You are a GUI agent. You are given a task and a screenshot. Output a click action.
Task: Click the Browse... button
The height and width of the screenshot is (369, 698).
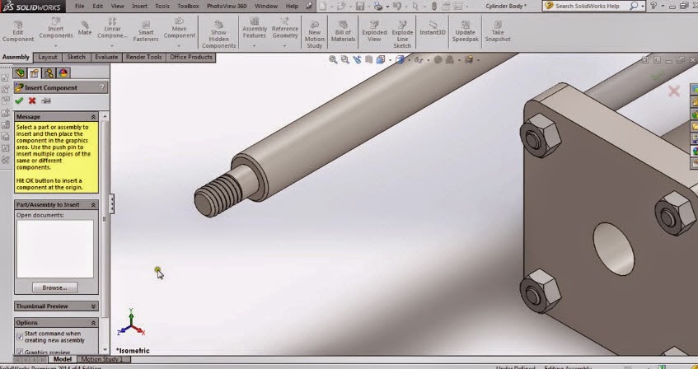pos(54,287)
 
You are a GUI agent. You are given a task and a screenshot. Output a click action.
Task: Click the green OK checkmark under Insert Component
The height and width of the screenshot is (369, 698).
pos(19,100)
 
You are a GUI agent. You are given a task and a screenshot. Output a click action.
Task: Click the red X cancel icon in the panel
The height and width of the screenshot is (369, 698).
pos(32,100)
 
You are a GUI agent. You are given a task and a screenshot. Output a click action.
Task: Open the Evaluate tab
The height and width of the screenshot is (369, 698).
pos(105,58)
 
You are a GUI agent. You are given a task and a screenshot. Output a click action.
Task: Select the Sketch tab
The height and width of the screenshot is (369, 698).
pos(76,58)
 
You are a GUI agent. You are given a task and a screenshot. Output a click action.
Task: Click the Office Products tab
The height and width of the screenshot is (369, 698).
pos(190,58)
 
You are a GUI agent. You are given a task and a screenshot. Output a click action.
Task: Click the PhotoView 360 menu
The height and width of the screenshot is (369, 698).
pos(226,6)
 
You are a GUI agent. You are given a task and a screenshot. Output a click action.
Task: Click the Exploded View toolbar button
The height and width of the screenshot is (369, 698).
pos(374,31)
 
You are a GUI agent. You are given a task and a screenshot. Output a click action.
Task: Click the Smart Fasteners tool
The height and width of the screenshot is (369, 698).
pos(146,31)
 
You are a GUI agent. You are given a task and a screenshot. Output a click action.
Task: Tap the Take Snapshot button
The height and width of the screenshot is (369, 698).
pos(498,31)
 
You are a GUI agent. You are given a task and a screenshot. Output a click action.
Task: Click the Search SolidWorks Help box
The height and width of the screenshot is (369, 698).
pos(591,6)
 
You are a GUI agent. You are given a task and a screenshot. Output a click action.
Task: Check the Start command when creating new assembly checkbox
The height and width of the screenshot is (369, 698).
pos(20,336)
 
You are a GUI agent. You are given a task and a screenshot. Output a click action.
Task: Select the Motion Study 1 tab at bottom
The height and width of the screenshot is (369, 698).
pos(101,359)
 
